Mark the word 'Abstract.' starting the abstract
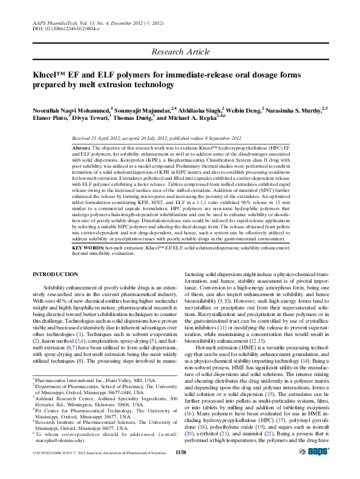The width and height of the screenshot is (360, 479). [x=82, y=148]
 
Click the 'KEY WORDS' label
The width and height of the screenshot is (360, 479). [x=87, y=248]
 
